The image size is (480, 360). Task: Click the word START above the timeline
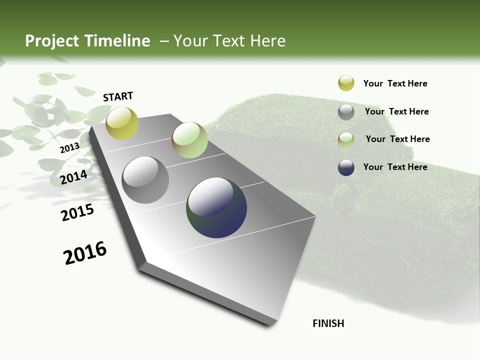(118, 96)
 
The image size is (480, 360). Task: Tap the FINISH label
(328, 323)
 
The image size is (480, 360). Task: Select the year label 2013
(69, 148)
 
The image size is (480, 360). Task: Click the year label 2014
(74, 177)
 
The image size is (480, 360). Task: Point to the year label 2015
(77, 212)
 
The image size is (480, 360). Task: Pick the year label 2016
(85, 253)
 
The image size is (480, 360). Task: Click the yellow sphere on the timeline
(122, 123)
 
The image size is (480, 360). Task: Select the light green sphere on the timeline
(189, 140)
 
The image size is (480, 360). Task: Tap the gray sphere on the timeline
(145, 180)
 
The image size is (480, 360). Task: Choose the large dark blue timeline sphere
(216, 207)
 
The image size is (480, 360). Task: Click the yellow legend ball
(346, 83)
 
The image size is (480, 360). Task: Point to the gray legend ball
(346, 112)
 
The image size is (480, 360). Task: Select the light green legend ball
(346, 139)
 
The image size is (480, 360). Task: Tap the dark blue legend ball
(346, 167)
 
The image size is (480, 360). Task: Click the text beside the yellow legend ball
(395, 83)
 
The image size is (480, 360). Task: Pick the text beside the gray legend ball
(397, 111)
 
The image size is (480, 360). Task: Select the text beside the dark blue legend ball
(395, 167)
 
